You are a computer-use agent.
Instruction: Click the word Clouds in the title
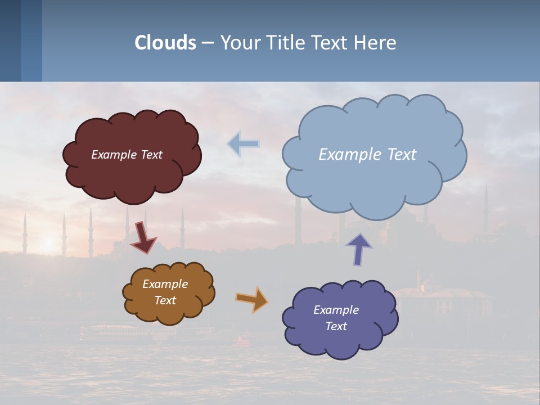[165, 43]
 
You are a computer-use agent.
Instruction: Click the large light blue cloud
[374, 180]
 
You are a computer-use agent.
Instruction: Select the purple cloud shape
[340, 343]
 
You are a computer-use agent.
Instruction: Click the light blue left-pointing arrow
[244, 144]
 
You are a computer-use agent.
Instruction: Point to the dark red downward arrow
[143, 238]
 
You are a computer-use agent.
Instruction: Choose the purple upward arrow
[359, 249]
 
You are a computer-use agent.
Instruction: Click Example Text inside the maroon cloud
[127, 155]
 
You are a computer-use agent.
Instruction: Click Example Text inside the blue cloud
[367, 155]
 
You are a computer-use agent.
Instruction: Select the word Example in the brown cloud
[165, 284]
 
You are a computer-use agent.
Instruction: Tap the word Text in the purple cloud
[336, 326]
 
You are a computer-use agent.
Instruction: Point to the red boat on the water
[244, 340]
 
